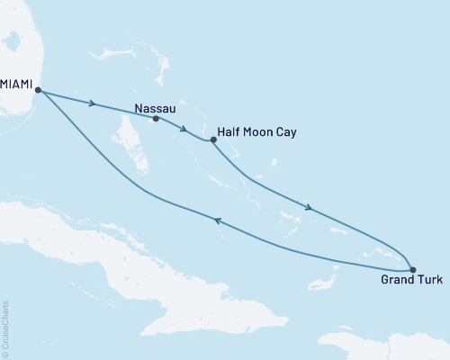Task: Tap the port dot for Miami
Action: (x=37, y=89)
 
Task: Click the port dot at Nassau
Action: (x=157, y=119)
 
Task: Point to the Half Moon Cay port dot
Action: (x=213, y=139)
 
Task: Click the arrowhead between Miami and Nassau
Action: (x=94, y=103)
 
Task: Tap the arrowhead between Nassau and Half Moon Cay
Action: (x=184, y=128)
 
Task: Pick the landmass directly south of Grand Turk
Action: (x=387, y=346)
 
